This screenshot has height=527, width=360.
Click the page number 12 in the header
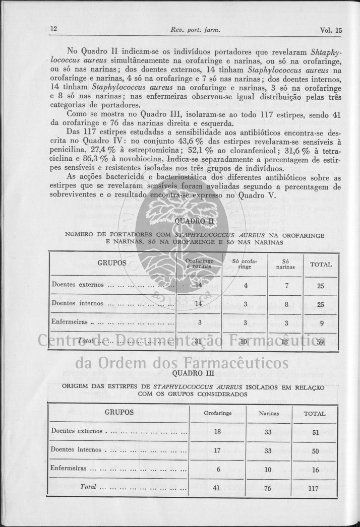tap(53, 29)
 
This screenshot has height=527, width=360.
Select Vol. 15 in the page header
tap(331, 30)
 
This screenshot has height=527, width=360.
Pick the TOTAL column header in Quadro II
tap(320, 264)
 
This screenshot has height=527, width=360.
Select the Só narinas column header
tap(285, 264)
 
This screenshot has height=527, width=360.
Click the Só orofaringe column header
tap(245, 264)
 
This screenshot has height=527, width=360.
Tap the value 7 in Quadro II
tap(286, 285)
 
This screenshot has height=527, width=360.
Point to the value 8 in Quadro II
tap(286, 304)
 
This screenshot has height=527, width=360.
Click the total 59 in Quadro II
tap(321, 342)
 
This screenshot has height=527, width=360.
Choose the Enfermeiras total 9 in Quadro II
tap(321, 322)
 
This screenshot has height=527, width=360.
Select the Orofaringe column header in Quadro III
tap(217, 413)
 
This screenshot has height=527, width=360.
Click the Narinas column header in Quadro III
tap(269, 413)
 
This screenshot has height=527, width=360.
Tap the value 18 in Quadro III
tap(217, 432)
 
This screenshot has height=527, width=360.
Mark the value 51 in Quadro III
tap(315, 432)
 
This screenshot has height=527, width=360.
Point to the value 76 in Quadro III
tap(268, 488)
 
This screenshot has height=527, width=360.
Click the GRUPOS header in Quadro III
tap(119, 412)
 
